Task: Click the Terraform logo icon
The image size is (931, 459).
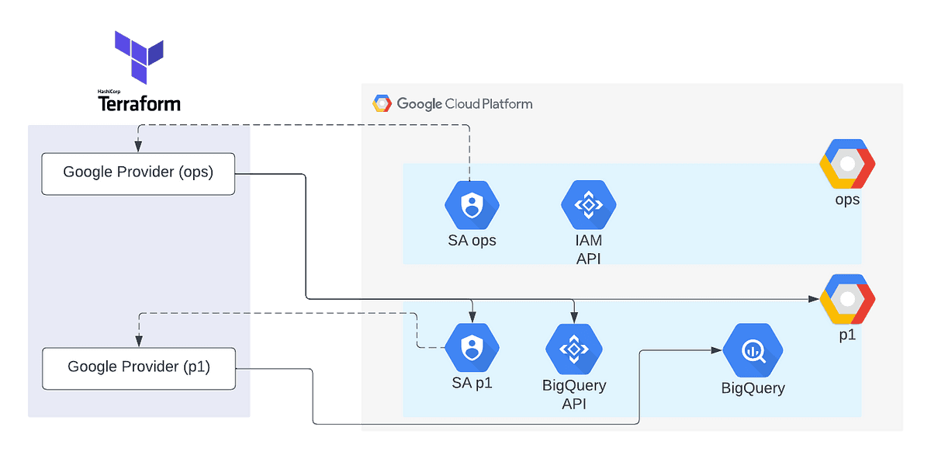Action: point(139,57)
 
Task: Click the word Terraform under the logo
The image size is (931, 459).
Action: point(139,103)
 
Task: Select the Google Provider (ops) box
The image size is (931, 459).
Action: point(138,172)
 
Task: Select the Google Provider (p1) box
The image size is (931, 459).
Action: point(138,367)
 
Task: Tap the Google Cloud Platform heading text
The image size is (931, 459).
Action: point(464,103)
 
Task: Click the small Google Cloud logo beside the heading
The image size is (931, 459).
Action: point(381,103)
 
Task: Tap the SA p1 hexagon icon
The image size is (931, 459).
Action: point(472,349)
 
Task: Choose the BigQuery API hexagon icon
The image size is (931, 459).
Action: point(574,349)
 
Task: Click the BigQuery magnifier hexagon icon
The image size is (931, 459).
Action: point(753,351)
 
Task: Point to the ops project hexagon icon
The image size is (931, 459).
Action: point(847,164)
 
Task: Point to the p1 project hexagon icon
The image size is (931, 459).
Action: point(847,299)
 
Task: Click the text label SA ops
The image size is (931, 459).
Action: point(472,240)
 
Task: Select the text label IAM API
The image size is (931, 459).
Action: point(588,249)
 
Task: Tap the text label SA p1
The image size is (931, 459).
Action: point(472,383)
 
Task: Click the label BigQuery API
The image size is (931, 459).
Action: point(574,394)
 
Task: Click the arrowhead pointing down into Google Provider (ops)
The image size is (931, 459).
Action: point(138,148)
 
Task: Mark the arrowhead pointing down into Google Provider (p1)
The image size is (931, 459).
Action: point(138,342)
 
